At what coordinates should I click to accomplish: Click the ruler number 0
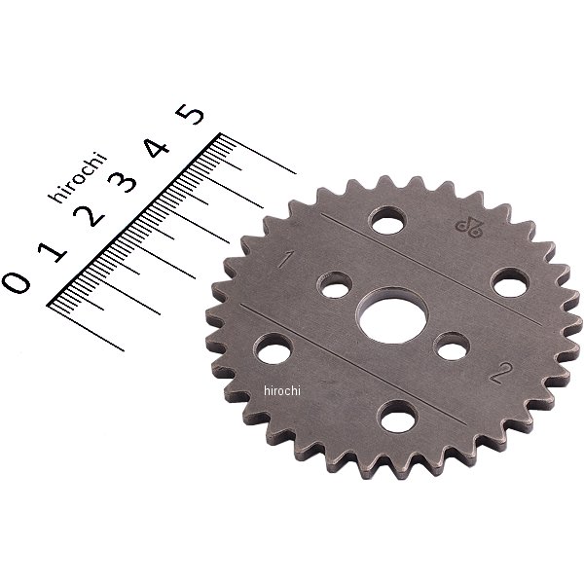tap(17, 282)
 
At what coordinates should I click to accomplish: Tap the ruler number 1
tap(53, 251)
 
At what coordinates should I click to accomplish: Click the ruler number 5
tap(191, 114)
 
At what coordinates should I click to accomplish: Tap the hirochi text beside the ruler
tap(78, 177)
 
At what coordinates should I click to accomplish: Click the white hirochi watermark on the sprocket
tap(282, 390)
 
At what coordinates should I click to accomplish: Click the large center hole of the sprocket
tap(393, 315)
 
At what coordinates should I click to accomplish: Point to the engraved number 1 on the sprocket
tap(284, 260)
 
